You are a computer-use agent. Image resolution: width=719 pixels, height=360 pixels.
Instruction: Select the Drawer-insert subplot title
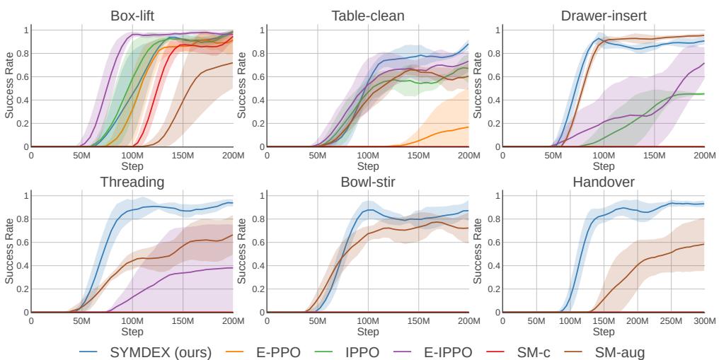pos(603,15)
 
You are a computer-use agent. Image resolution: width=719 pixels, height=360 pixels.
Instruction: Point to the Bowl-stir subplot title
pos(367,182)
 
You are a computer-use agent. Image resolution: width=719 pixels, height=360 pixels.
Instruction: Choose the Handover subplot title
pos(603,182)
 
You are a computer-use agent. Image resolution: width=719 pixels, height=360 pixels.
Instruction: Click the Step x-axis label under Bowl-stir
pos(367,331)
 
